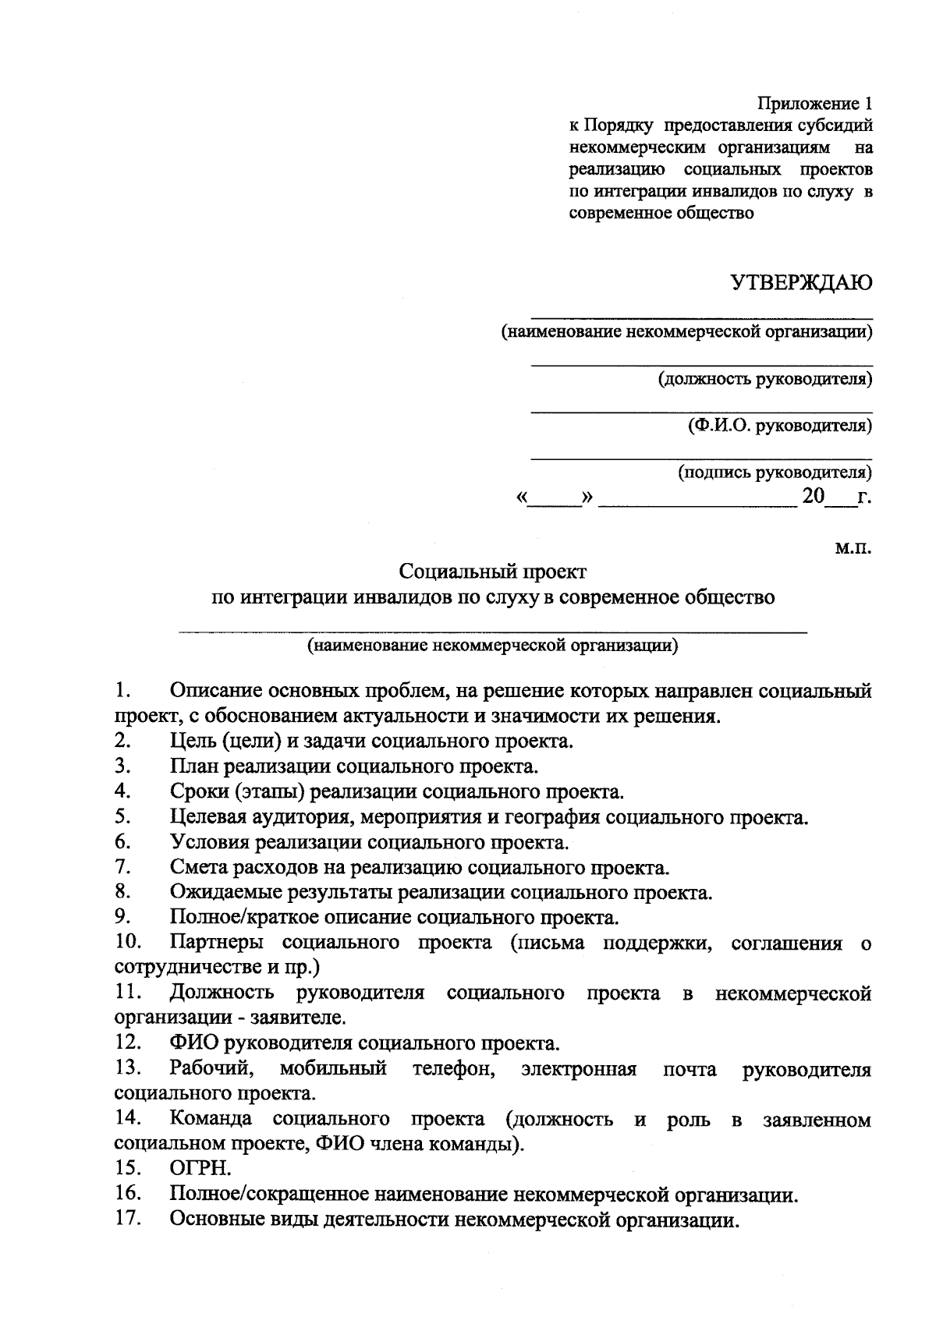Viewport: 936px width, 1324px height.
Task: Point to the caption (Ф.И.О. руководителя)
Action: (779, 426)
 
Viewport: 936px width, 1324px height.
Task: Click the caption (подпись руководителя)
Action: (775, 472)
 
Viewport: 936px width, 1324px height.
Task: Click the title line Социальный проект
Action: (492, 572)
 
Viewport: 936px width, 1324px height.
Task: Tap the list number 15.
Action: (127, 1167)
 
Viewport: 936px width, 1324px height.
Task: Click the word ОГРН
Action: (200, 1167)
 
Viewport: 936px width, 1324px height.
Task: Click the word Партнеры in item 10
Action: (216, 943)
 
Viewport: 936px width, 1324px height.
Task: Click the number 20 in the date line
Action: (813, 496)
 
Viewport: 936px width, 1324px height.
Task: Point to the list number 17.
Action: (127, 1218)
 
